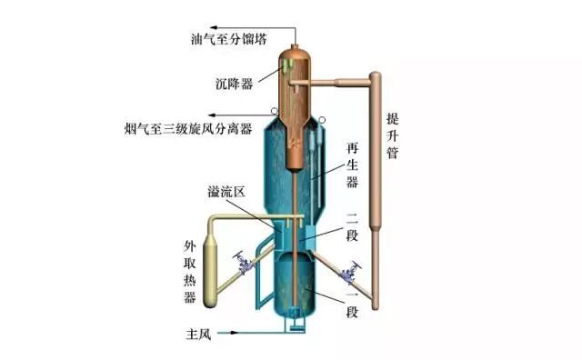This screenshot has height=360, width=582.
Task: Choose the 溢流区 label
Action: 227,193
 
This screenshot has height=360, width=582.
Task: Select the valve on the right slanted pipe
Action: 347,271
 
